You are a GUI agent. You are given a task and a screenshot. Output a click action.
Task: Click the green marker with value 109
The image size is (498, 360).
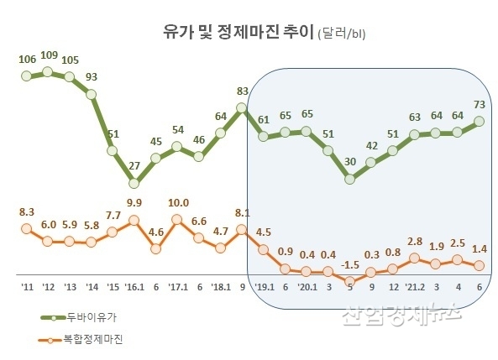pyautogui.click(x=48, y=72)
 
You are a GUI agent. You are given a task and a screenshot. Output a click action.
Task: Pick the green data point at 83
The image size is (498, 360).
pyautogui.click(x=242, y=107)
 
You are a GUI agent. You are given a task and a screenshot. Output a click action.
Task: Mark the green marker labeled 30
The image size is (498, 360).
pyautogui.click(x=350, y=179)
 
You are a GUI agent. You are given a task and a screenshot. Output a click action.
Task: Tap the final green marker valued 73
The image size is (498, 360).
pyautogui.click(x=480, y=121)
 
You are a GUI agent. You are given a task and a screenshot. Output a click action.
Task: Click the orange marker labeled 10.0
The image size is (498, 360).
pyautogui.click(x=177, y=220)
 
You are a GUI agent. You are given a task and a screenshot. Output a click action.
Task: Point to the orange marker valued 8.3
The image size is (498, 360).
pyautogui.click(x=26, y=227)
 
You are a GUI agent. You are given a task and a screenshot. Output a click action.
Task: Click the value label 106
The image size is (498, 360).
pyautogui.click(x=26, y=58)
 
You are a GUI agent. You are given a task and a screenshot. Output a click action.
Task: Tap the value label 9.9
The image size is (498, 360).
pyautogui.click(x=134, y=202)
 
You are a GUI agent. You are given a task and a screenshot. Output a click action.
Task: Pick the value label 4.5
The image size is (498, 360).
pyautogui.click(x=264, y=232)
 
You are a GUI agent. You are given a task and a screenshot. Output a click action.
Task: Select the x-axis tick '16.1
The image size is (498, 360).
pyautogui.click(x=134, y=289)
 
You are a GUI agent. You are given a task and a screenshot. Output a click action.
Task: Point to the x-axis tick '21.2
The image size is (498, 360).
pyautogui.click(x=415, y=289)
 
